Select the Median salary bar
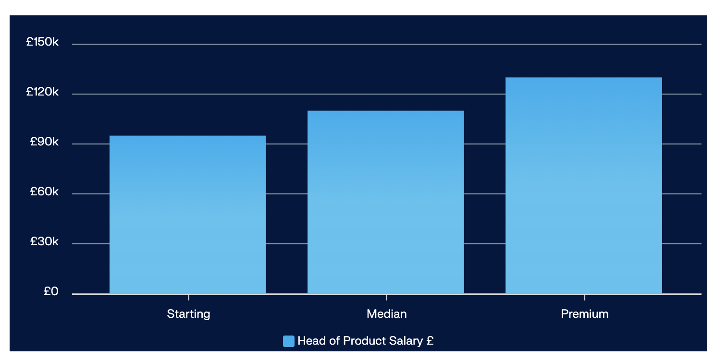(386, 202)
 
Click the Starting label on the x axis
(188, 314)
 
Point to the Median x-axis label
(386, 314)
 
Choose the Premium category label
(584, 314)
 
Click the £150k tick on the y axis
(42, 42)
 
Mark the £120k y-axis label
(42, 92)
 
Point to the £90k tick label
(44, 142)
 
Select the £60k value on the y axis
(44, 192)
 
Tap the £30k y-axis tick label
(44, 241)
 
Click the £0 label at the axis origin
(50, 291)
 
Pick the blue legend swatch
(288, 341)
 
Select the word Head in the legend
(309, 341)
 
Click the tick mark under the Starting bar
(188, 297)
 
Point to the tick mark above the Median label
(386, 297)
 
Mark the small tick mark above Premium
(585, 297)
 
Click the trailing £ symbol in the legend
(430, 341)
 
